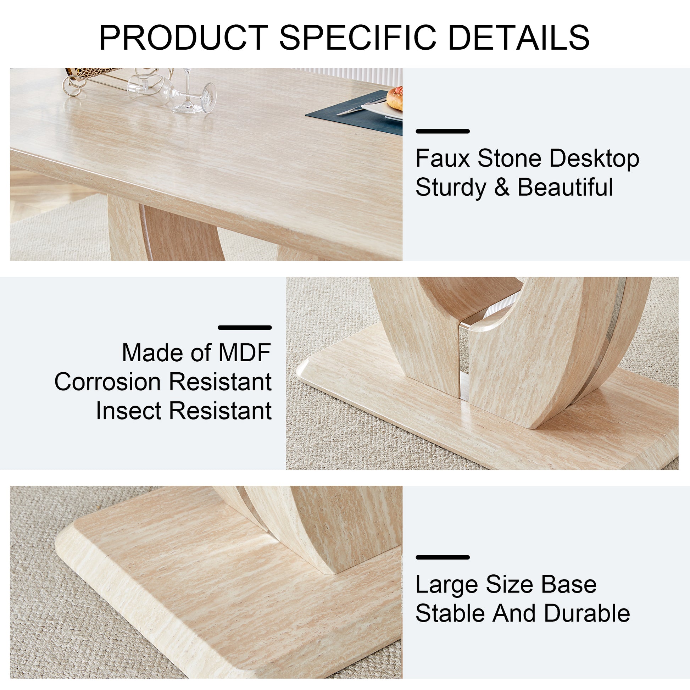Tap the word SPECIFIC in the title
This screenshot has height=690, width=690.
pos(357,38)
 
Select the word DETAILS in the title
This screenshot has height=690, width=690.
pos(519,38)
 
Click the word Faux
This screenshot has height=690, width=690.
pos(443,158)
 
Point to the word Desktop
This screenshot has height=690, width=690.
pos(594,159)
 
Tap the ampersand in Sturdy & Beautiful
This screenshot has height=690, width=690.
pos(502,187)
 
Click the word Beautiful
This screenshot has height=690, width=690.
pos(565,187)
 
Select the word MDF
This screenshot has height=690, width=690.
pos(245,353)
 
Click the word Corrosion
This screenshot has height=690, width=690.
pos(108,382)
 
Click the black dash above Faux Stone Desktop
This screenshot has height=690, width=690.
pos(443,132)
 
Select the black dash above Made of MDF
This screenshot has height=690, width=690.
pos(245,328)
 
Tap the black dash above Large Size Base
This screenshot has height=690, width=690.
pos(443,557)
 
